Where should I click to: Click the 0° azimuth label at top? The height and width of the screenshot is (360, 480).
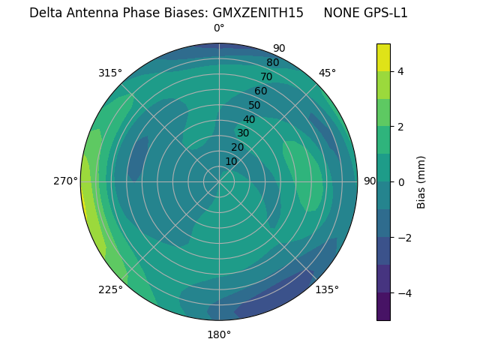219,28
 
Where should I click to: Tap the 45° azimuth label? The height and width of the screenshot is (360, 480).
327,73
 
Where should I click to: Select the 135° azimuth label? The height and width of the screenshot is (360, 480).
327,289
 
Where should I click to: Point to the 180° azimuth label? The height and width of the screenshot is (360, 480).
219,334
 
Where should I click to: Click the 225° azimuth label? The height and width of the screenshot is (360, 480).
110,289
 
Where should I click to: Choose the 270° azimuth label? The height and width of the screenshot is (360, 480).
66,181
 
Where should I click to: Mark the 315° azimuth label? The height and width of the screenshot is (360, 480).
110,73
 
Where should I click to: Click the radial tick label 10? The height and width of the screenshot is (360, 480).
232,161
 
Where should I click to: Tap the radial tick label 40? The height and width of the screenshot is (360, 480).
249,119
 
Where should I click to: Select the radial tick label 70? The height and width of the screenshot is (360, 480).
266,77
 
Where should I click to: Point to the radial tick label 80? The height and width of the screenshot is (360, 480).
272,63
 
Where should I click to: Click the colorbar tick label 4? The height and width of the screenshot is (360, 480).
401,71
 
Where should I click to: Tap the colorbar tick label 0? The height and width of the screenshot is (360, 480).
401,182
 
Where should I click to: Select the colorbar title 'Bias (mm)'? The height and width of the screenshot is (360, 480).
421,182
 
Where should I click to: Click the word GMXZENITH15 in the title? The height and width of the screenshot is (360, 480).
258,13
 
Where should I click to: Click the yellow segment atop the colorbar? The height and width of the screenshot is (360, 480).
383,57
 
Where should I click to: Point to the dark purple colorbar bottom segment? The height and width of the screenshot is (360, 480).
383,307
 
